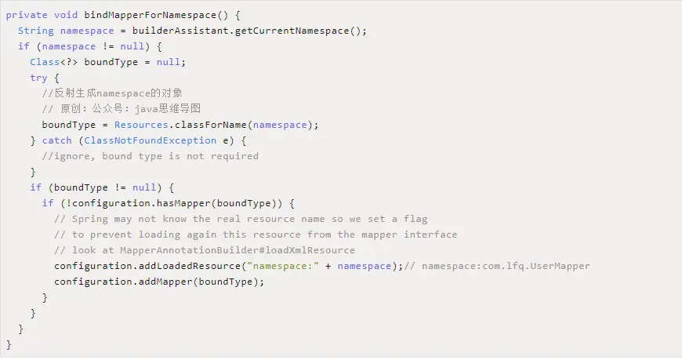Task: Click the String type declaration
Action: click(x=36, y=31)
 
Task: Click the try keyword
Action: click(x=39, y=78)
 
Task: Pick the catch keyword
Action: click(x=57, y=140)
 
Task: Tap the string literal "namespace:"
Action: click(x=280, y=266)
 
